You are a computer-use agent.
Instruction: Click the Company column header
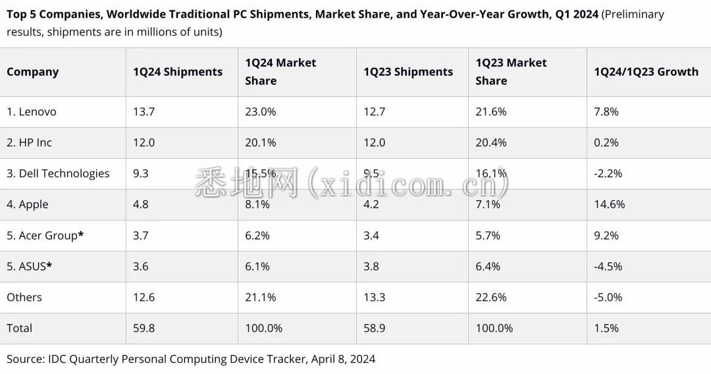point(33,72)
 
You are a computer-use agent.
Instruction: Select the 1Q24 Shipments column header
point(178,72)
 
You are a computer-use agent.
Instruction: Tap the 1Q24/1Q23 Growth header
point(646,72)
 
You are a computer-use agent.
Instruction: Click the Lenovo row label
point(32,112)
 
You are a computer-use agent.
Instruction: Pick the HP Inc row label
point(29,143)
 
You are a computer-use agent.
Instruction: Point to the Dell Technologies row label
point(58,174)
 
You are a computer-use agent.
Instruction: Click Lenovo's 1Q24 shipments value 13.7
point(144,112)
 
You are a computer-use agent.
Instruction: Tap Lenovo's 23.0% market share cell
point(261,112)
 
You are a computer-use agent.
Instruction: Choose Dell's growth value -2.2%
point(608,174)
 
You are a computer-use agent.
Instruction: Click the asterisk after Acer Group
point(81,234)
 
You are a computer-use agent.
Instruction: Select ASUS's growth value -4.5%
point(608,267)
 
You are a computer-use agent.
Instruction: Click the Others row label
point(24,298)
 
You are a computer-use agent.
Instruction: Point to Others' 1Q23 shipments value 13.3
point(375,298)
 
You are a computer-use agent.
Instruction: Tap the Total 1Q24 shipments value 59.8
point(144,329)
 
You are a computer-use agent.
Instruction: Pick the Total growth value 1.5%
point(606,329)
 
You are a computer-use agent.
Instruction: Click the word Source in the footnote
point(25,359)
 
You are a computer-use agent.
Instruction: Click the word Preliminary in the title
point(633,14)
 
